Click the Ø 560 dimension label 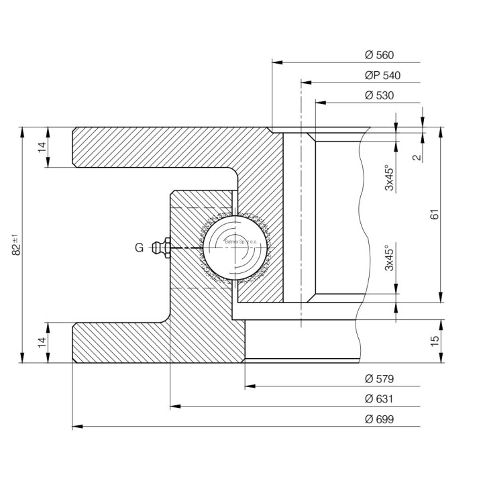click(x=379, y=56)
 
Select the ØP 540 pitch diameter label click(x=382, y=76)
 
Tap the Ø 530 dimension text click(x=379, y=95)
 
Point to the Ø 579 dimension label click(x=379, y=379)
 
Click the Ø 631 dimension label click(x=379, y=399)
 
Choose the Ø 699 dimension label click(x=379, y=419)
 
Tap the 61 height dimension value click(x=435, y=215)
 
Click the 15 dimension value click(x=435, y=341)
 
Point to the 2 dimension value click(x=417, y=158)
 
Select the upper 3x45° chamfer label click(x=388, y=178)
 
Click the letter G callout click(x=139, y=248)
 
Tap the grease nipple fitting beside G click(x=161, y=248)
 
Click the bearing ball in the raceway click(x=233, y=248)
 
